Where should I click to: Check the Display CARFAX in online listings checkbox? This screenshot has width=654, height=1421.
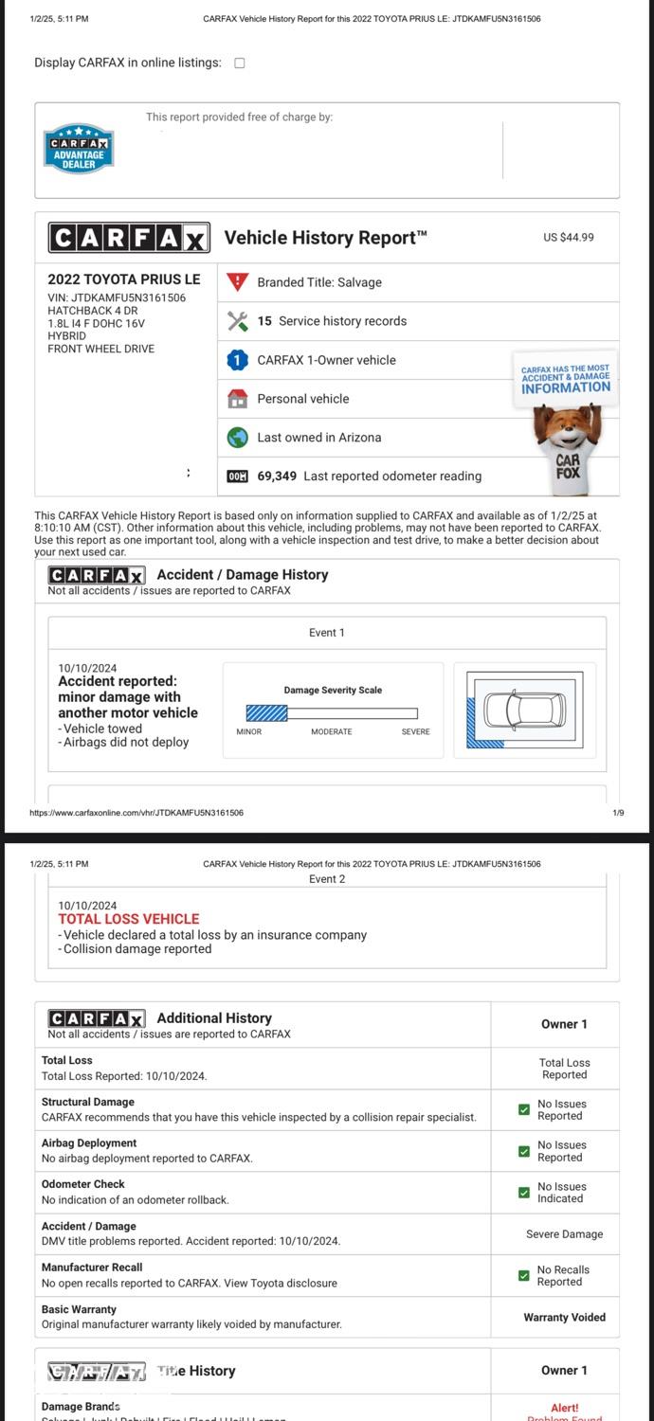239,63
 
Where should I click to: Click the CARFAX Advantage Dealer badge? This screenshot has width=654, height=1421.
79,149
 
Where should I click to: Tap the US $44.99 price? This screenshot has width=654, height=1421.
568,237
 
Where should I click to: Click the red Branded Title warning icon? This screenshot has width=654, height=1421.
238,282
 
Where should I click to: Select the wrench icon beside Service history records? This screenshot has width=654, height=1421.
238,321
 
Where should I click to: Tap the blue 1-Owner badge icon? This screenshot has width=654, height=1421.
238,360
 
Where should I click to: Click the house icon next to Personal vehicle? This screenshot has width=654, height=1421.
238,399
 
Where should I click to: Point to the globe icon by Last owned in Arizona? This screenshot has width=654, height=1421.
238,438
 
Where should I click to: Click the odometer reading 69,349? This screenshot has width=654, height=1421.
277,476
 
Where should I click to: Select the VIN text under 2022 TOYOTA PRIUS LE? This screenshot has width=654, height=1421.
117,297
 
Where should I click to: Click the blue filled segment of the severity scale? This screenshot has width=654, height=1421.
266,713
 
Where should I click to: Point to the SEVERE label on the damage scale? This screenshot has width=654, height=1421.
415,731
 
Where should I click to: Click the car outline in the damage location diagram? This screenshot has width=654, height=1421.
524,710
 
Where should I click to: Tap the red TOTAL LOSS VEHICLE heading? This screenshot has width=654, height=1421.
129,919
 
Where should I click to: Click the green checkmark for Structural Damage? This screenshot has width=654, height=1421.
524,1109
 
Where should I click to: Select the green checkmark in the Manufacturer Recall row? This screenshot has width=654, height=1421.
524,1275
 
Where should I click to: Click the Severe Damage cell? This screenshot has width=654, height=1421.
564,1234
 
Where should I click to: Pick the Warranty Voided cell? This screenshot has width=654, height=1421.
564,1317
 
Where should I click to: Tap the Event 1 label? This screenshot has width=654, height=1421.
327,633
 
